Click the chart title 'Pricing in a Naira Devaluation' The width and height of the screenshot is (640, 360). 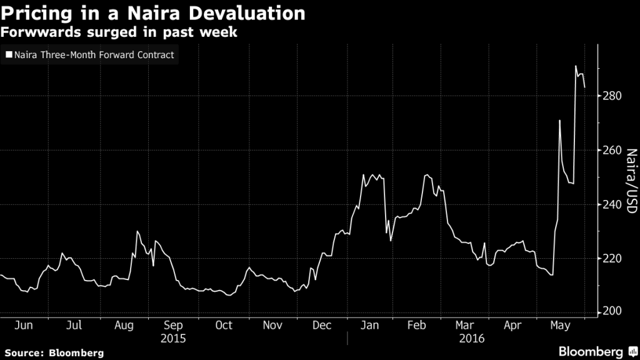tap(153, 12)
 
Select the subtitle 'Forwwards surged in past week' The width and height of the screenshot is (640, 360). tap(119, 32)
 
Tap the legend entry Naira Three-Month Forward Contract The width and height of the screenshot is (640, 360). tap(94, 56)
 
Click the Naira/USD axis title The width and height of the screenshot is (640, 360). tap(631, 181)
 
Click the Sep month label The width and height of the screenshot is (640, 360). tap(173, 326)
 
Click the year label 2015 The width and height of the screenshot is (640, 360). tap(173, 338)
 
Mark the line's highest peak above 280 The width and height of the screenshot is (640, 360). tap(576, 66)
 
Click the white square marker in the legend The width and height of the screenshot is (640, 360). tap(8, 56)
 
